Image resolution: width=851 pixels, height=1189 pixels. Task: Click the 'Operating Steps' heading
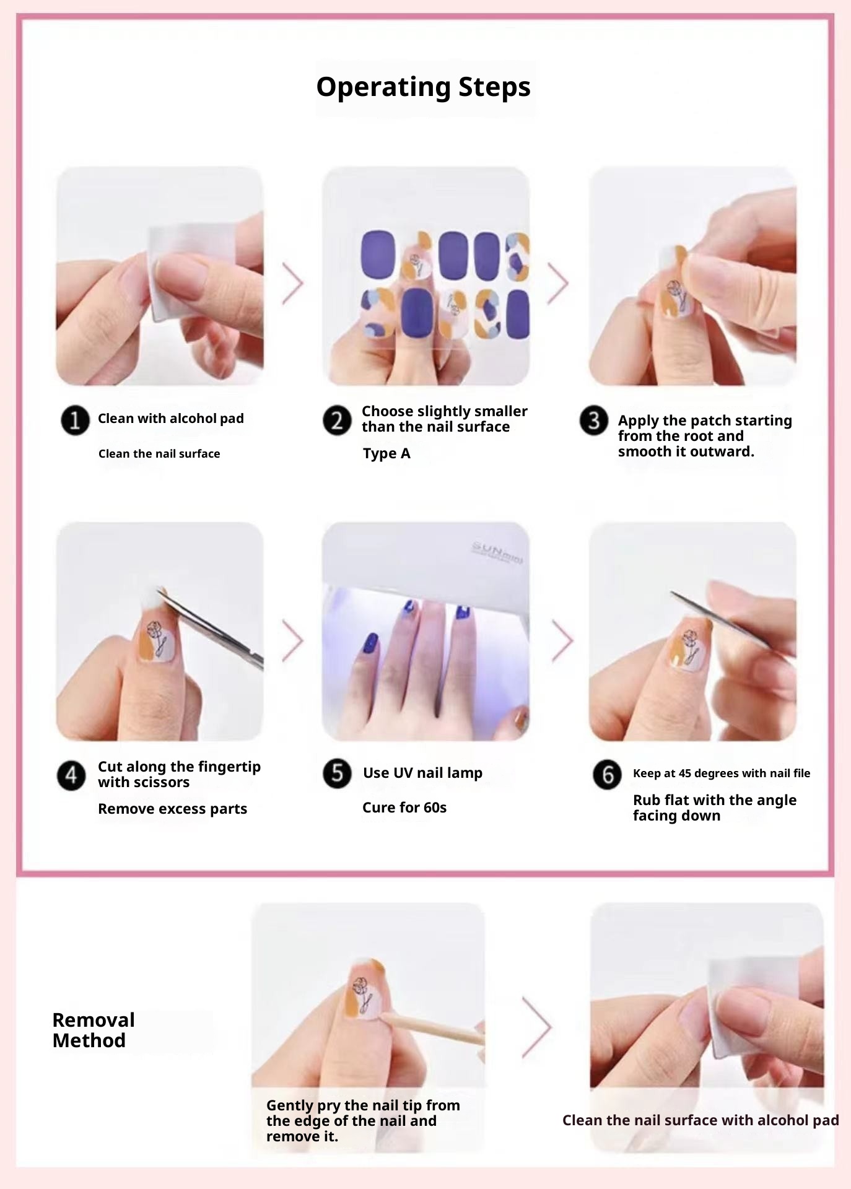[424, 87]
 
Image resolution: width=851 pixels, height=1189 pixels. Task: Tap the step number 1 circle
[75, 420]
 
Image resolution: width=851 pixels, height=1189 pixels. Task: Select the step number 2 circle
[337, 420]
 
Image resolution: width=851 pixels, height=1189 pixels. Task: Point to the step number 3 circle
[593, 420]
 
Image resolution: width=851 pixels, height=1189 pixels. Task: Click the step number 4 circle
[71, 776]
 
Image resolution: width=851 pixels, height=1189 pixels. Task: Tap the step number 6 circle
[607, 775]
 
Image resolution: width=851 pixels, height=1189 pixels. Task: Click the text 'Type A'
[386, 454]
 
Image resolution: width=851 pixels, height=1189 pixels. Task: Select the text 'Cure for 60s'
[404, 808]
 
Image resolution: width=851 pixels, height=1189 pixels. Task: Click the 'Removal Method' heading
[94, 1030]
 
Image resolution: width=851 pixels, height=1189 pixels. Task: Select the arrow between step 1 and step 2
[293, 284]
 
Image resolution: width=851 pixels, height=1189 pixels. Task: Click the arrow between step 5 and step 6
[562, 640]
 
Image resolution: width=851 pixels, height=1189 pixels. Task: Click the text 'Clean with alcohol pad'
[171, 419]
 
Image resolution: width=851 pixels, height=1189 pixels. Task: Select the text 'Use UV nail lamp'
[422, 773]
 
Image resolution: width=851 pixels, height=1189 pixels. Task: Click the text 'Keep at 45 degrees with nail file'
[722, 773]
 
